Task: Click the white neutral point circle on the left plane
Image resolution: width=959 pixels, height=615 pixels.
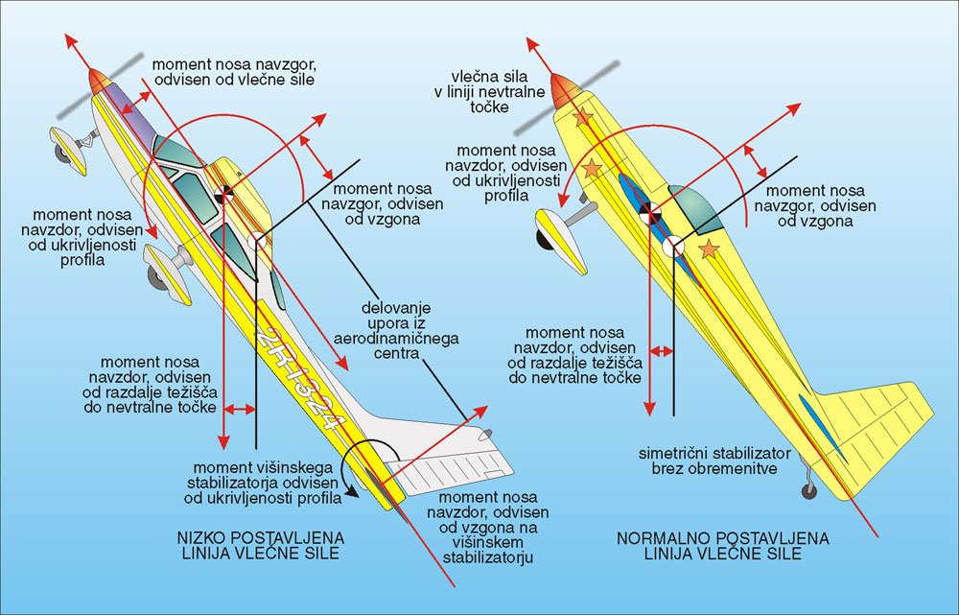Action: click(x=257, y=242)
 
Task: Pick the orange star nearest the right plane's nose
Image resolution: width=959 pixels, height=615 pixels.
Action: click(x=581, y=119)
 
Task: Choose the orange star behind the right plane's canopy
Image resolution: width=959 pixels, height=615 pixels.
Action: click(x=710, y=250)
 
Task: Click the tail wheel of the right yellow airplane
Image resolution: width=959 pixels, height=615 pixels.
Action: click(x=808, y=489)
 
